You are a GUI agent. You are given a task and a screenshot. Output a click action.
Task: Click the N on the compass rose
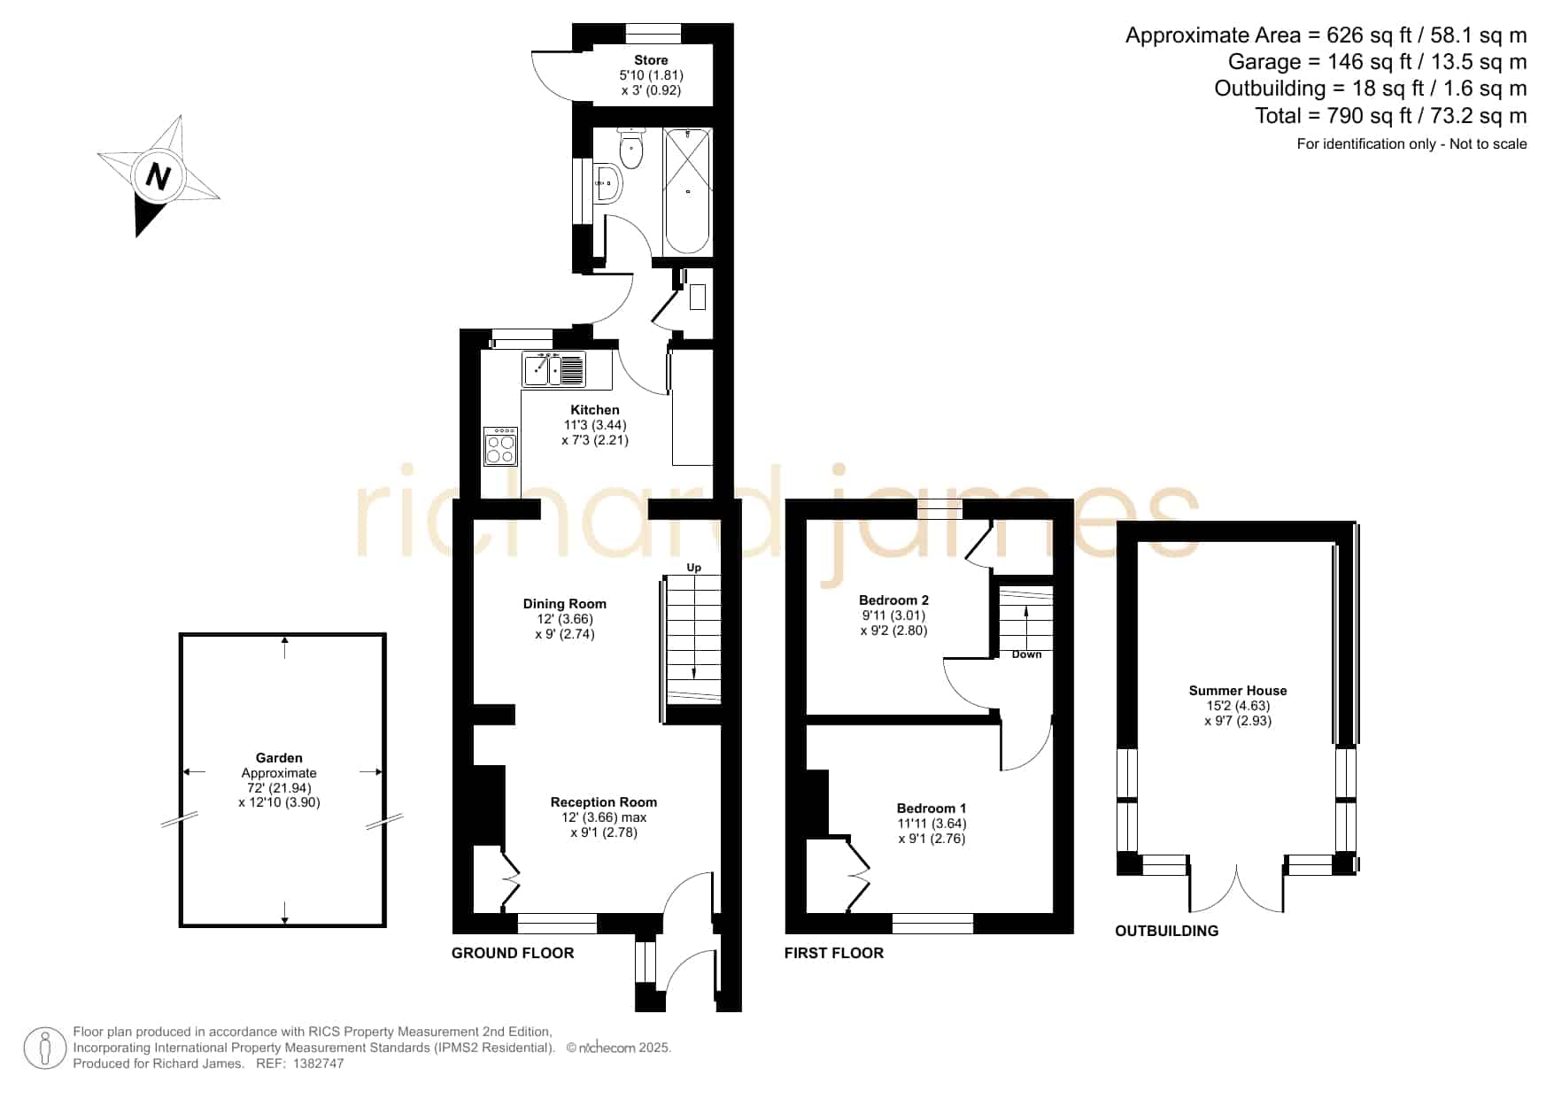tap(158, 177)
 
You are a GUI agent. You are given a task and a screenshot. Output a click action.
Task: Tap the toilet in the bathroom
tap(630, 148)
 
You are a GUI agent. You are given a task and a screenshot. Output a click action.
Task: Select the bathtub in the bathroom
tap(687, 191)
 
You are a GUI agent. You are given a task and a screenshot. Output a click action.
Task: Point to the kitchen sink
tap(554, 369)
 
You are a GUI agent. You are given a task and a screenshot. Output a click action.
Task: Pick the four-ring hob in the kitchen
tap(500, 445)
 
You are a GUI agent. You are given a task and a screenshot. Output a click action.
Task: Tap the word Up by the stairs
tap(694, 568)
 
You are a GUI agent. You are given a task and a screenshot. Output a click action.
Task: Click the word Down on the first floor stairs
tap(1027, 654)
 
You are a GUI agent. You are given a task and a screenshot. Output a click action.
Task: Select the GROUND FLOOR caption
tap(513, 953)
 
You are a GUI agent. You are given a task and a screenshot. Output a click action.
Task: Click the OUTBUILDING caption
tap(1166, 931)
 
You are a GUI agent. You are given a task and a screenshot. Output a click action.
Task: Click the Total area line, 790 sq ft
tap(1391, 116)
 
